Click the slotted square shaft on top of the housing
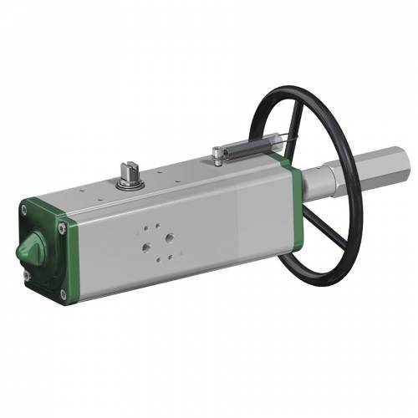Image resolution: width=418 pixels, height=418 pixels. [130, 170]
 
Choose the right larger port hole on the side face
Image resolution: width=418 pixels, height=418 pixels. [169, 237]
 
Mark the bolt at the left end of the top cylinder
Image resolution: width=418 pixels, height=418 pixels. [217, 152]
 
